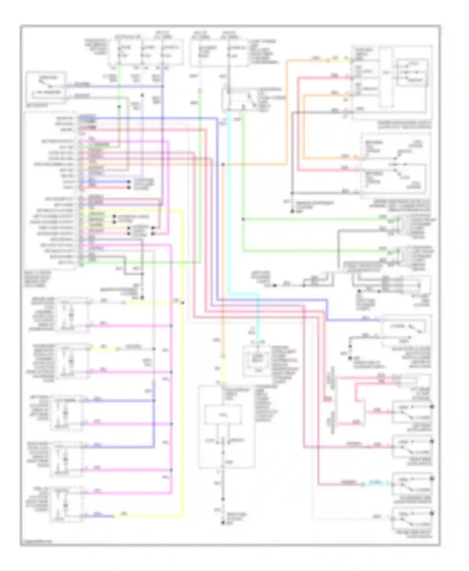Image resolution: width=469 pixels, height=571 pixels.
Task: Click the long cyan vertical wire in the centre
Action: pyautogui.click(x=229, y=203)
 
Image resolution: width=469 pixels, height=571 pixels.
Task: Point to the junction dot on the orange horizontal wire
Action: pyautogui.click(x=223, y=164)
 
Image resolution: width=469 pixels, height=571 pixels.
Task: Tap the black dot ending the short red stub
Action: pyautogui.click(x=129, y=187)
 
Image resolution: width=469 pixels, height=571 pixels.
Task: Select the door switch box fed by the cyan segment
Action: pyautogui.click(x=412, y=484)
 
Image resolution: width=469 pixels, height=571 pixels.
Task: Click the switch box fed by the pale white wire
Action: pyautogui.click(x=412, y=519)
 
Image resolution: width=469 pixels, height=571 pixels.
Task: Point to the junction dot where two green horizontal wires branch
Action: pyautogui.click(x=243, y=219)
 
